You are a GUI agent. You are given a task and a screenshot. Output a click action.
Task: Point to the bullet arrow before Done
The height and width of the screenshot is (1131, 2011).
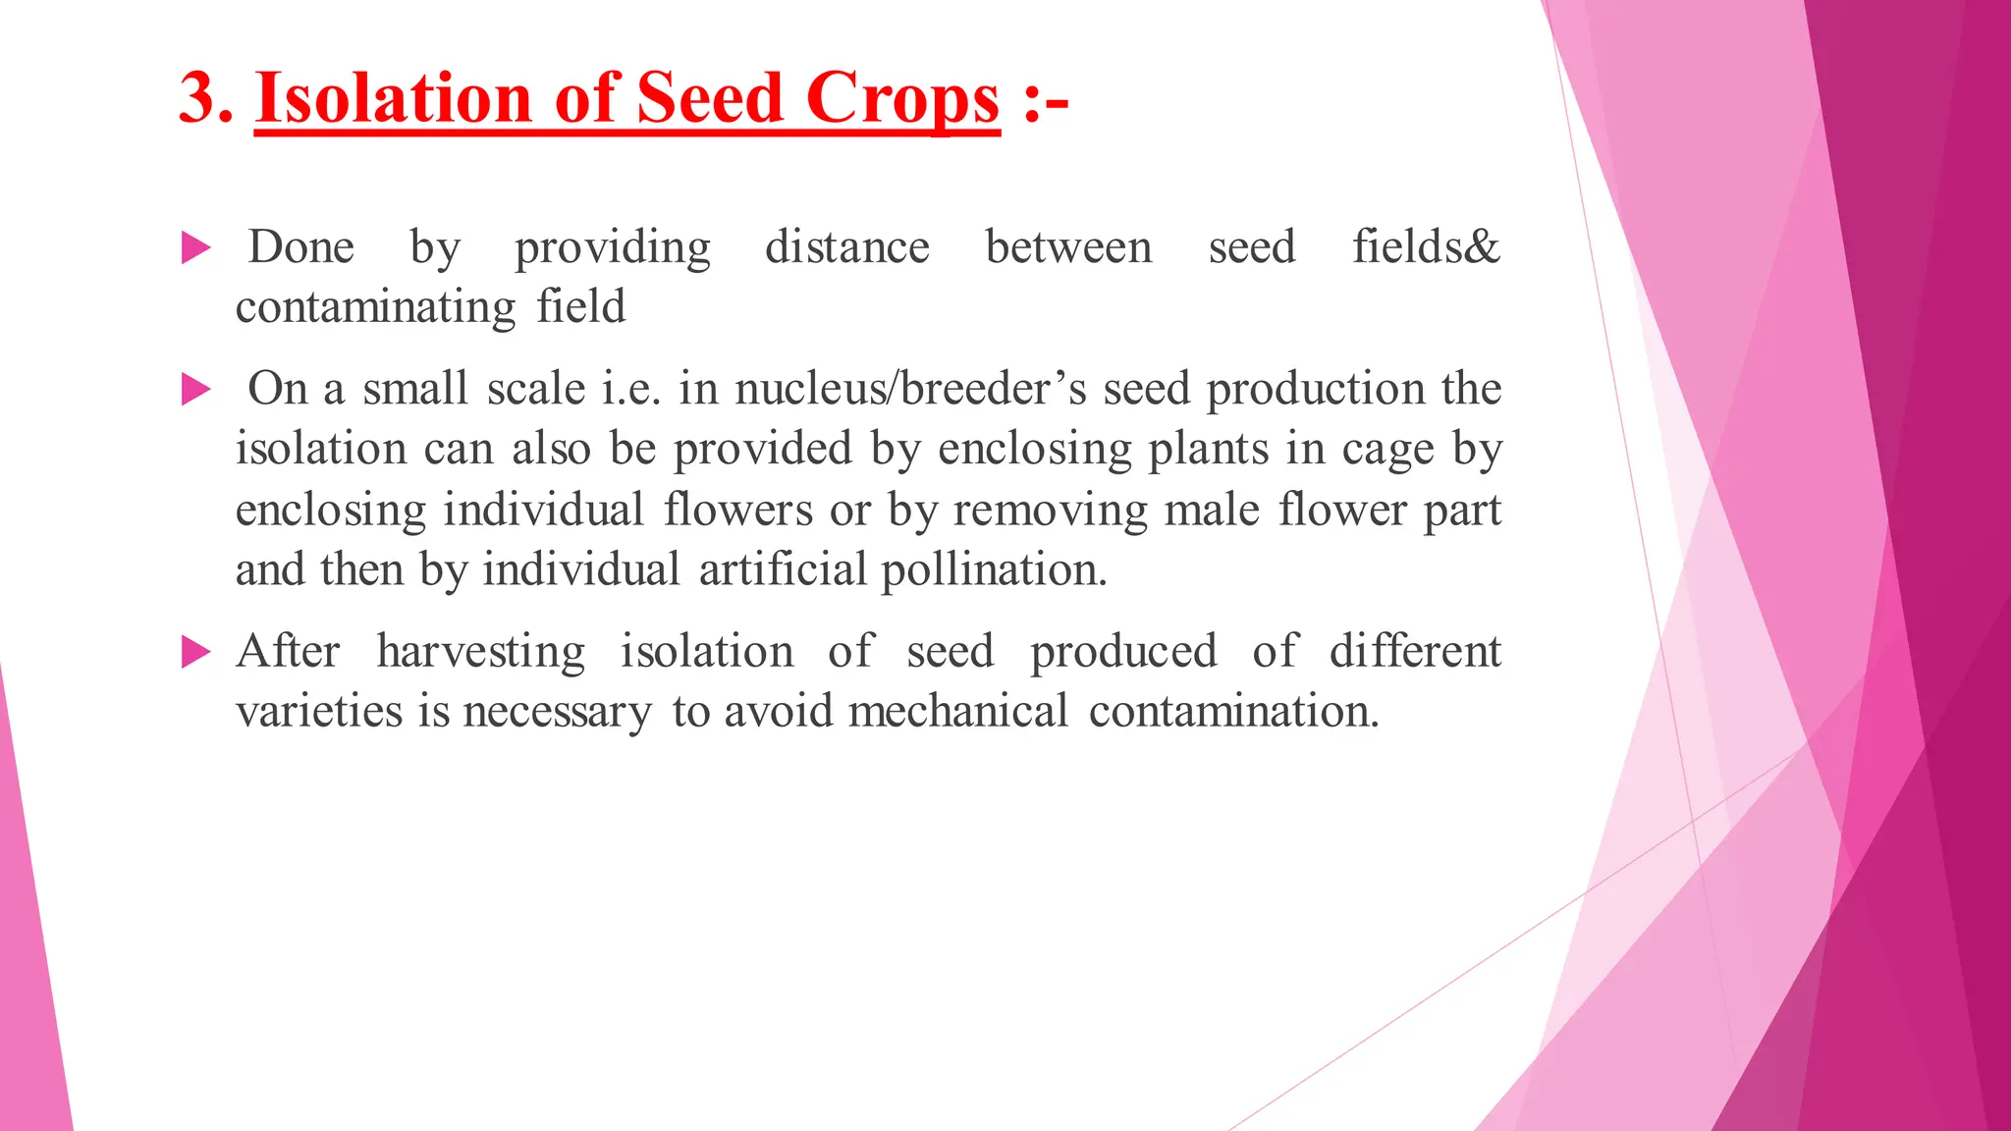196,248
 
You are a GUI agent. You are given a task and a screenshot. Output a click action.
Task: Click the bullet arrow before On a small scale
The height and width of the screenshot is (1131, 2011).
196,390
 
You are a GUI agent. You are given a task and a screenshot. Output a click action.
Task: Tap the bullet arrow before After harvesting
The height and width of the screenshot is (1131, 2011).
196,652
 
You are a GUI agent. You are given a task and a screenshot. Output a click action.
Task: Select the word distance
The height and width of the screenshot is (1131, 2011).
846,247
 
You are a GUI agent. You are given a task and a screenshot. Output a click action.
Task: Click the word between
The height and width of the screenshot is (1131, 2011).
1068,247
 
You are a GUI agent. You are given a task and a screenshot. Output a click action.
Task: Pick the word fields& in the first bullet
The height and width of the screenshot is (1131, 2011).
1426,247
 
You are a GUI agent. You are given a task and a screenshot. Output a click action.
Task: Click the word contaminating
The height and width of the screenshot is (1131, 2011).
375,308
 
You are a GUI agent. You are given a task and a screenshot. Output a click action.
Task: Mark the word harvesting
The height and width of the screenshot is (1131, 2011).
481,653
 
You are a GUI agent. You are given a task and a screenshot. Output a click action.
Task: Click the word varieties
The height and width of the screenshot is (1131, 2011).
319,712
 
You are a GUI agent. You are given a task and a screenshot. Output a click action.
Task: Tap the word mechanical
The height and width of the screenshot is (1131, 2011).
957,712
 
